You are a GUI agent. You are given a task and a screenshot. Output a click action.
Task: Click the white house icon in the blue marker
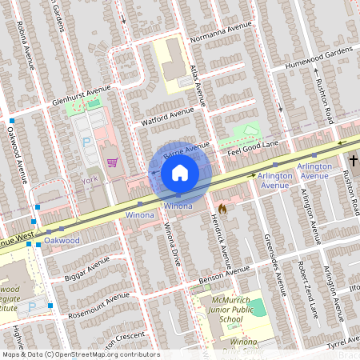pos(180,172)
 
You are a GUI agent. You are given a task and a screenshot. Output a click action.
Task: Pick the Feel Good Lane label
pos(253,147)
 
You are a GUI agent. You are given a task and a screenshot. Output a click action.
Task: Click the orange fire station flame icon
pos(222,208)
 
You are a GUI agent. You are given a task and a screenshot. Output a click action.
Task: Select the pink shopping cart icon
pos(113,162)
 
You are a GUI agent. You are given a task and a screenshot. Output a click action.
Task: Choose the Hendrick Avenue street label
pos(223,243)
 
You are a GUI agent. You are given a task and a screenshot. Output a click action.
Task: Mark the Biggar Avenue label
pos(87,270)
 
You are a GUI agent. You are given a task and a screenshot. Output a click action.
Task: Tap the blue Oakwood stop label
pos(63,240)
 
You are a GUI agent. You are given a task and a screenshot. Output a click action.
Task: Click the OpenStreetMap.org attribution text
pos(104,354)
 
